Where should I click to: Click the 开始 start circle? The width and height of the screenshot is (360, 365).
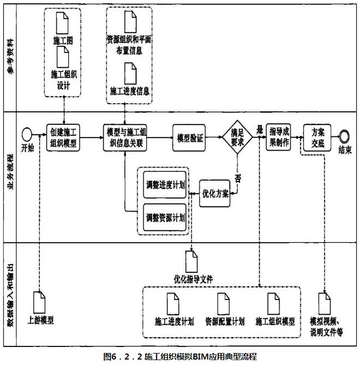tap(27, 135)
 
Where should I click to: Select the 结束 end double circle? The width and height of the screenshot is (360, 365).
tap(344, 136)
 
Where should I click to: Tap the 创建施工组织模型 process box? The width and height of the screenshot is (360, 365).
tap(63, 137)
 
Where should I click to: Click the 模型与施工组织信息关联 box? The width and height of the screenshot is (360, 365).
tap(125, 137)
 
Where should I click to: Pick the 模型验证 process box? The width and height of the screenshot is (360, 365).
tap(189, 138)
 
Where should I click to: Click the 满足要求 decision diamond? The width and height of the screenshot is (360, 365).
tap(237, 137)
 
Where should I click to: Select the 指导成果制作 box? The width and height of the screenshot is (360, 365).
tap(279, 137)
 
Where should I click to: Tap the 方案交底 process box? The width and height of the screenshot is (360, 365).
tap(317, 137)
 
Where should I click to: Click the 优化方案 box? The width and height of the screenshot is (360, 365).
tap(215, 194)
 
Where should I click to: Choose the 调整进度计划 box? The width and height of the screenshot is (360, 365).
tap(165, 185)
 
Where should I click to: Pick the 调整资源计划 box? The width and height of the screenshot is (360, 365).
tap(165, 217)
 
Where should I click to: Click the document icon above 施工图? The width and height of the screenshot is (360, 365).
tap(62, 23)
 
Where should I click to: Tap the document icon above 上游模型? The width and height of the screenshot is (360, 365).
tap(39, 302)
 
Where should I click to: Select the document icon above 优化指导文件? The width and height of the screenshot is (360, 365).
tap(191, 262)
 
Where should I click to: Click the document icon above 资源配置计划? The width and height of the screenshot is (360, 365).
tap(224, 304)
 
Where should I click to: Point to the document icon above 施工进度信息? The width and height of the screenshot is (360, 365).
tap(130, 73)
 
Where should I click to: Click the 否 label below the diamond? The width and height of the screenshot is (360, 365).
tap(238, 178)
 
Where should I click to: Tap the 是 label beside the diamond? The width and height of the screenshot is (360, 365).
tap(260, 129)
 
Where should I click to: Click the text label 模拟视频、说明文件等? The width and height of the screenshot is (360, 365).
tap(326, 327)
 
